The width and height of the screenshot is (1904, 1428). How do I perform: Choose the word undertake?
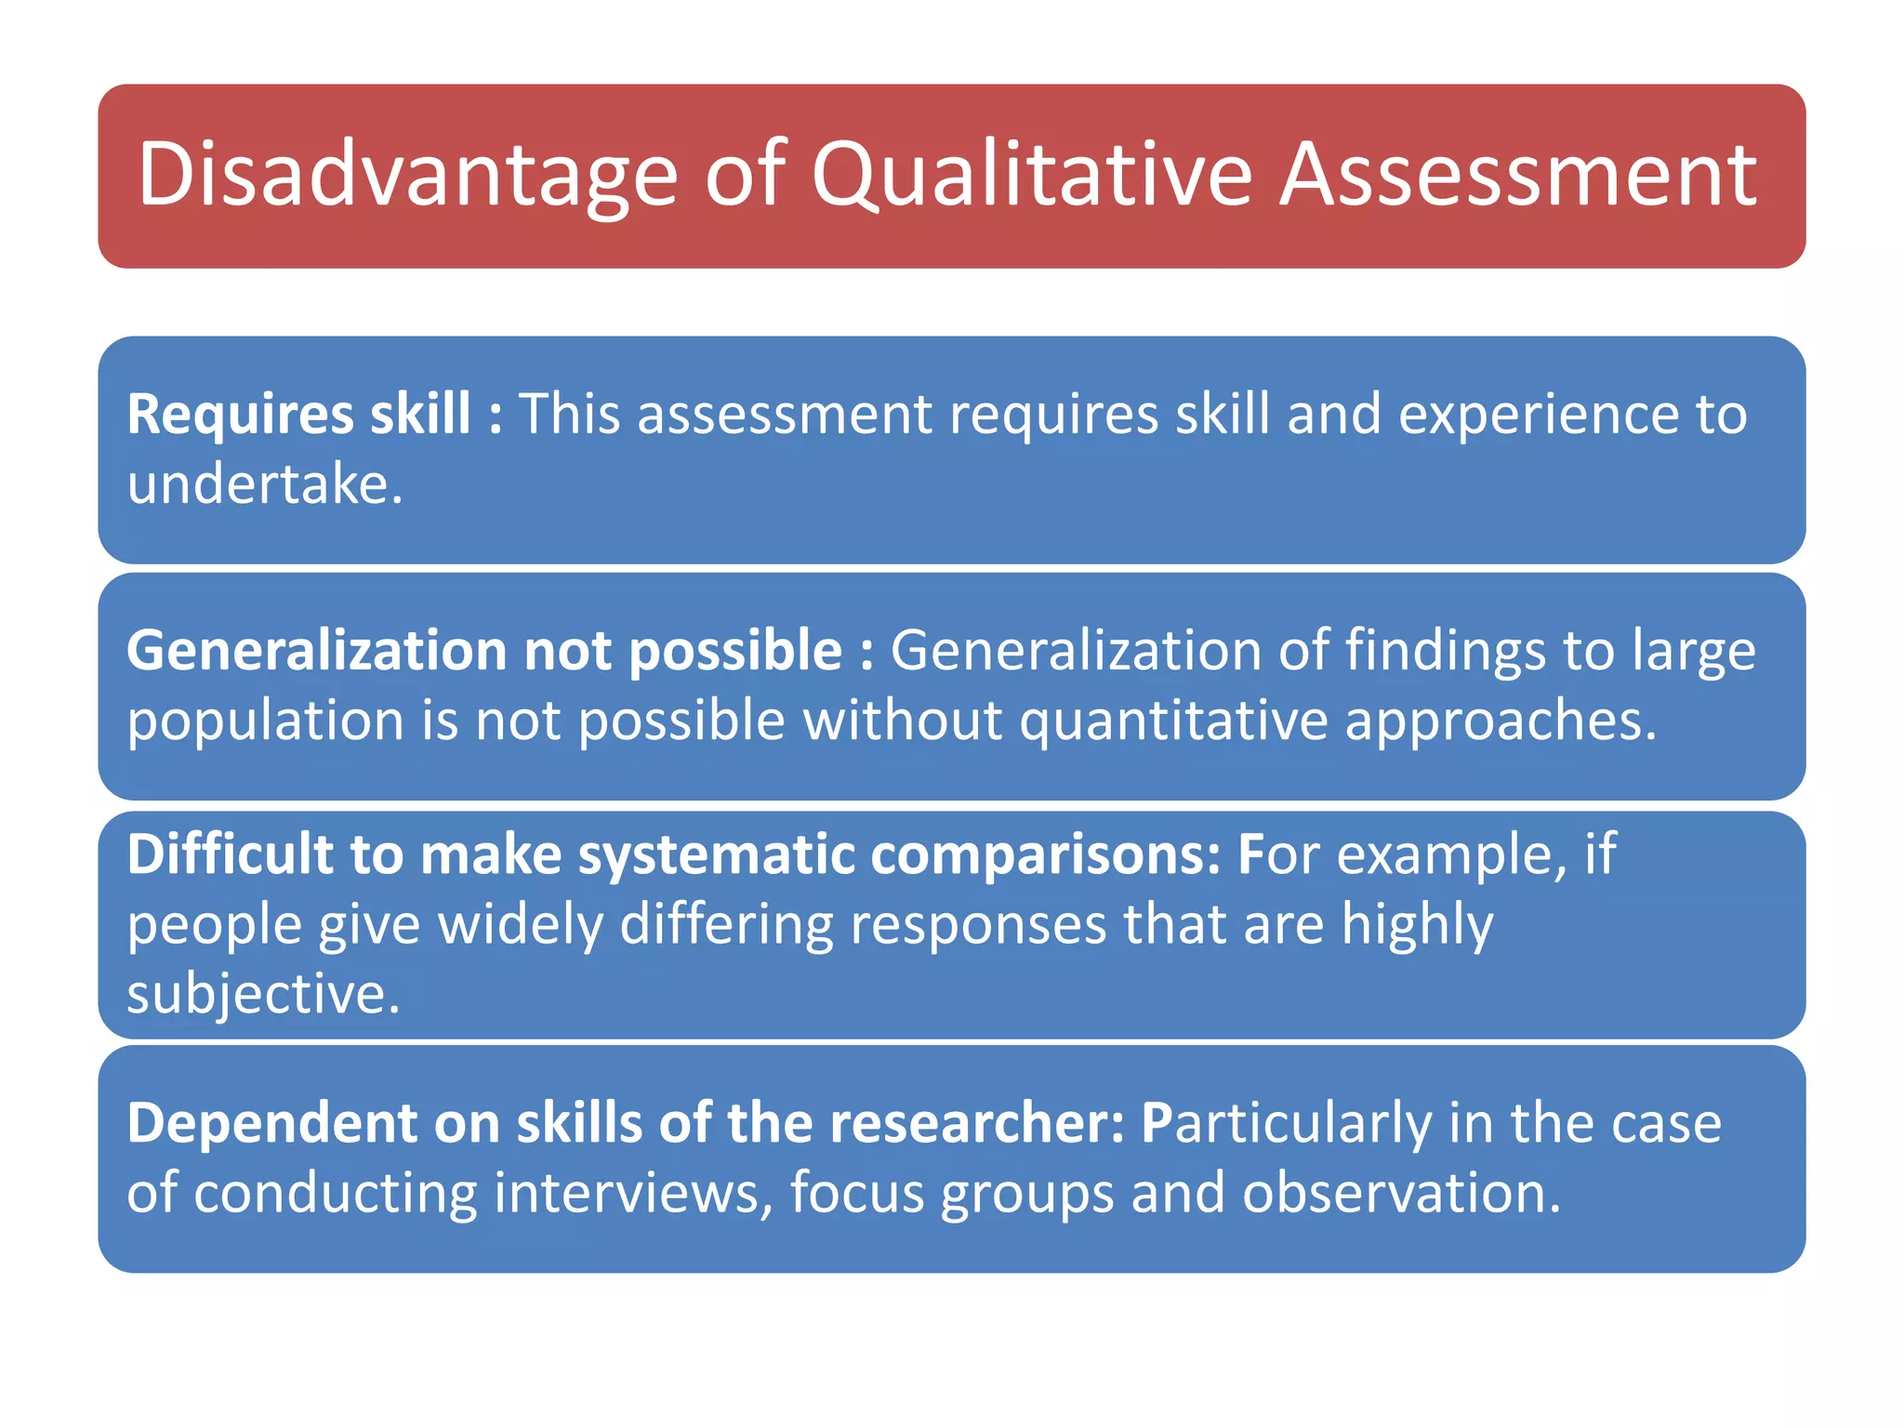click(264, 484)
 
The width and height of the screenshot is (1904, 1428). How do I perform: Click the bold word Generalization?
click(316, 650)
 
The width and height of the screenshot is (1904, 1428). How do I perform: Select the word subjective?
click(262, 994)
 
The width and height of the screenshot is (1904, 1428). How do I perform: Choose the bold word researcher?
click(976, 1123)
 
